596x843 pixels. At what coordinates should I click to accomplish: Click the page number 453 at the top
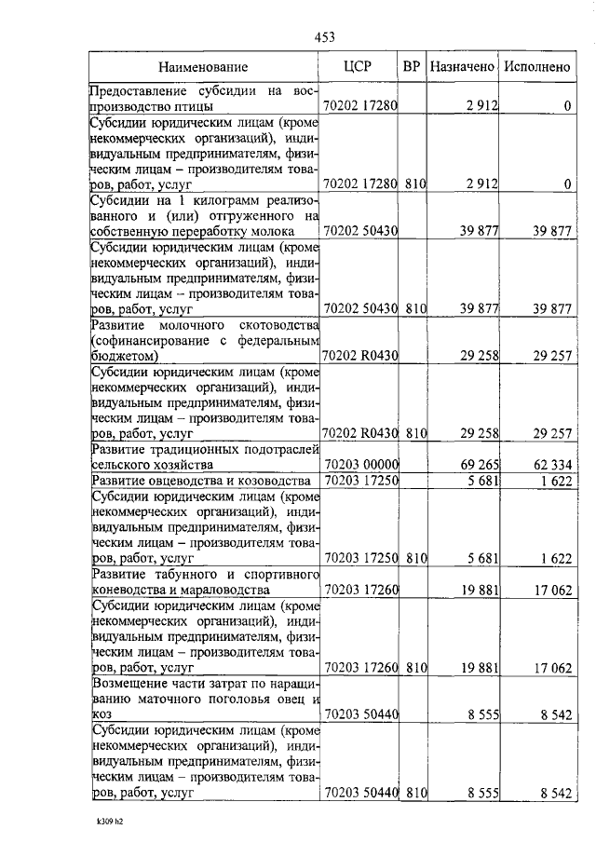(324, 37)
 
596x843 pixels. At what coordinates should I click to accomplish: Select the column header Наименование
(203, 67)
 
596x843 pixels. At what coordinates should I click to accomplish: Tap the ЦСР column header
(359, 66)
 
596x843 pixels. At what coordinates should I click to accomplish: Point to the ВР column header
(413, 66)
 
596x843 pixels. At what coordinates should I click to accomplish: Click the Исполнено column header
(535, 67)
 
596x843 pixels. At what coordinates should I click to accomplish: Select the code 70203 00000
(361, 464)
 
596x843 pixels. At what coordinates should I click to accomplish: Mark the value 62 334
(551, 464)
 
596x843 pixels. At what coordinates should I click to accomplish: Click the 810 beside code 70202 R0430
(415, 433)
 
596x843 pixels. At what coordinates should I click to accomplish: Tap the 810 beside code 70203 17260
(415, 667)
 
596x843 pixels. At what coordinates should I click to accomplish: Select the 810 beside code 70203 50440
(415, 793)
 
